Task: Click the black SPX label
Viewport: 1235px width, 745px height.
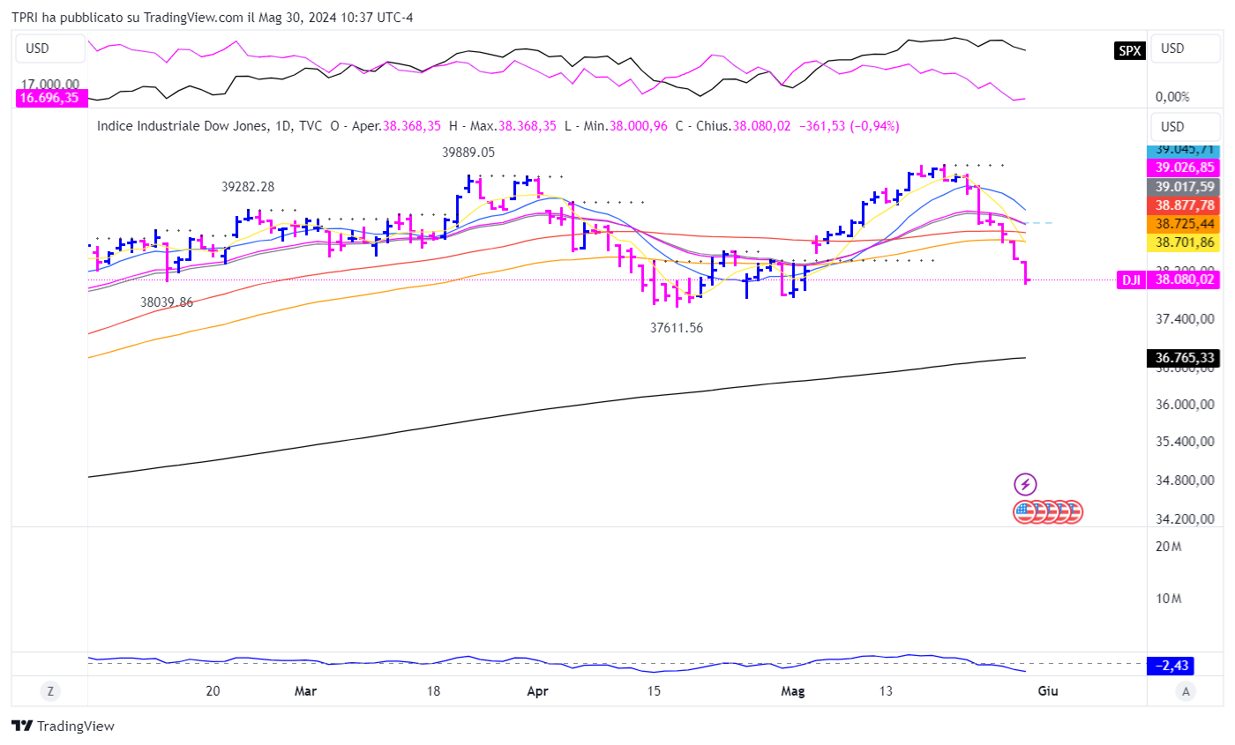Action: pos(1129,50)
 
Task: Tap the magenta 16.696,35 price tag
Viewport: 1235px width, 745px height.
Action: pos(49,98)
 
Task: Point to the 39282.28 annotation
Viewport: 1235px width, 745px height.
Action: pos(247,187)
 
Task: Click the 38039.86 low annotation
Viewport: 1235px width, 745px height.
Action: pos(167,302)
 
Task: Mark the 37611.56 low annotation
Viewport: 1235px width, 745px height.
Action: pos(677,327)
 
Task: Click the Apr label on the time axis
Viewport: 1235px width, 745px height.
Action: pos(537,691)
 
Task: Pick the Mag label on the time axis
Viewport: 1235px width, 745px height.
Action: pos(794,691)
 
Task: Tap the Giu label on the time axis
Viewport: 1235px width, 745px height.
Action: pos(1047,691)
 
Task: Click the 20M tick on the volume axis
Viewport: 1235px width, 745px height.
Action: pos(1168,547)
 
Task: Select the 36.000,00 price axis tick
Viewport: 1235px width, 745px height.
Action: pos(1183,405)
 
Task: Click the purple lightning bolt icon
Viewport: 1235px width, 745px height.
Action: pos(1025,483)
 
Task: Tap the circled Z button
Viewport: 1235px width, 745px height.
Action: pos(49,691)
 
